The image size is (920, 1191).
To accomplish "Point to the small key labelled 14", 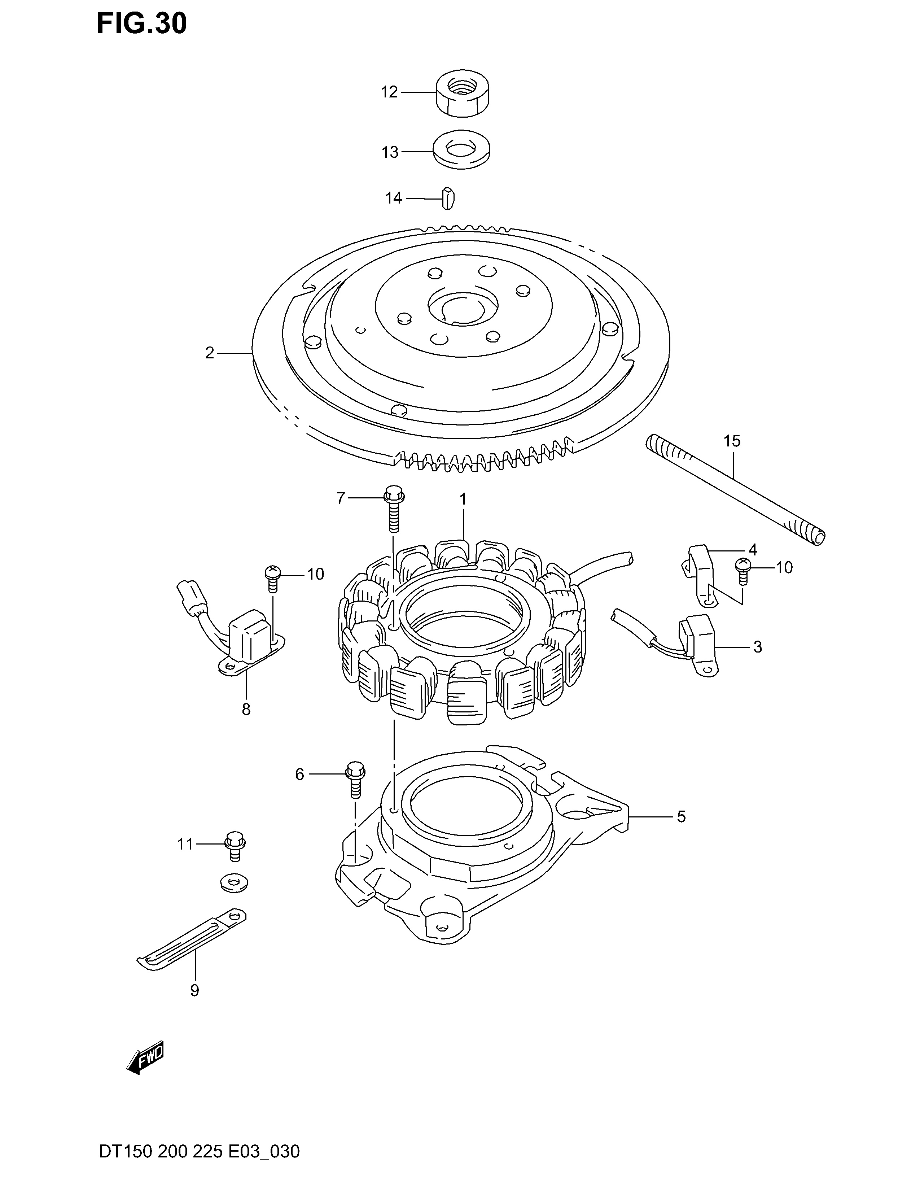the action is click(447, 197).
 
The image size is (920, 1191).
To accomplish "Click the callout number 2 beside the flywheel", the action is click(210, 353).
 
